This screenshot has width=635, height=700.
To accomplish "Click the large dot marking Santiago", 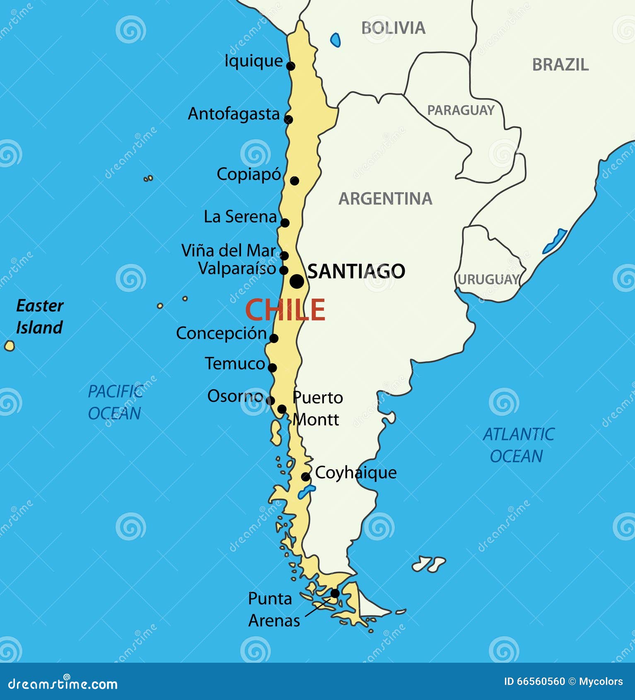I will click(x=297, y=281).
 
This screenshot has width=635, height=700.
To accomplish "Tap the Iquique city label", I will click(x=253, y=61).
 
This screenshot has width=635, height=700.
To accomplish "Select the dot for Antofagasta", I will click(x=288, y=119).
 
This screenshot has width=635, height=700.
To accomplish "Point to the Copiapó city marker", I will click(x=295, y=181).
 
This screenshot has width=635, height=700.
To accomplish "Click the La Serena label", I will click(x=240, y=217).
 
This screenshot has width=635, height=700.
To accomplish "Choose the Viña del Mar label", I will click(x=228, y=251).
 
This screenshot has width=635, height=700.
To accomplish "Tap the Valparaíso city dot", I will click(x=284, y=270).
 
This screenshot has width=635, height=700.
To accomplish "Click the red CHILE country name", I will click(x=285, y=310).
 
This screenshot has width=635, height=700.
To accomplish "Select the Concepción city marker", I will click(x=274, y=338).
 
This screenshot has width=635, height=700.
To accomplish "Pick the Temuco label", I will click(x=235, y=364).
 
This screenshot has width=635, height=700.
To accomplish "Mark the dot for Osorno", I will click(x=270, y=401).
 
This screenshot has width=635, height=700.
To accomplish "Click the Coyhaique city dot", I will click(x=306, y=477).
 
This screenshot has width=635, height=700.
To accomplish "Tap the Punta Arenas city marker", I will click(x=335, y=594).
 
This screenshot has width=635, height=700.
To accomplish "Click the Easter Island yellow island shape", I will click(x=10, y=345).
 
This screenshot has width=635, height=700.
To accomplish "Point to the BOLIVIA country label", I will click(x=393, y=28).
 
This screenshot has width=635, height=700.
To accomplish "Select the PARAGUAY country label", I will click(x=461, y=110).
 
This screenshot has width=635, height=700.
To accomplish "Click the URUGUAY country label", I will click(x=488, y=280).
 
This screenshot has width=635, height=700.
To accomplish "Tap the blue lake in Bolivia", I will click(x=336, y=40).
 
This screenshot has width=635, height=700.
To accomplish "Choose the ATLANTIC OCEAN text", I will click(x=518, y=445).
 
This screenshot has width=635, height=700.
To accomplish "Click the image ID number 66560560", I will click(x=541, y=681).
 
